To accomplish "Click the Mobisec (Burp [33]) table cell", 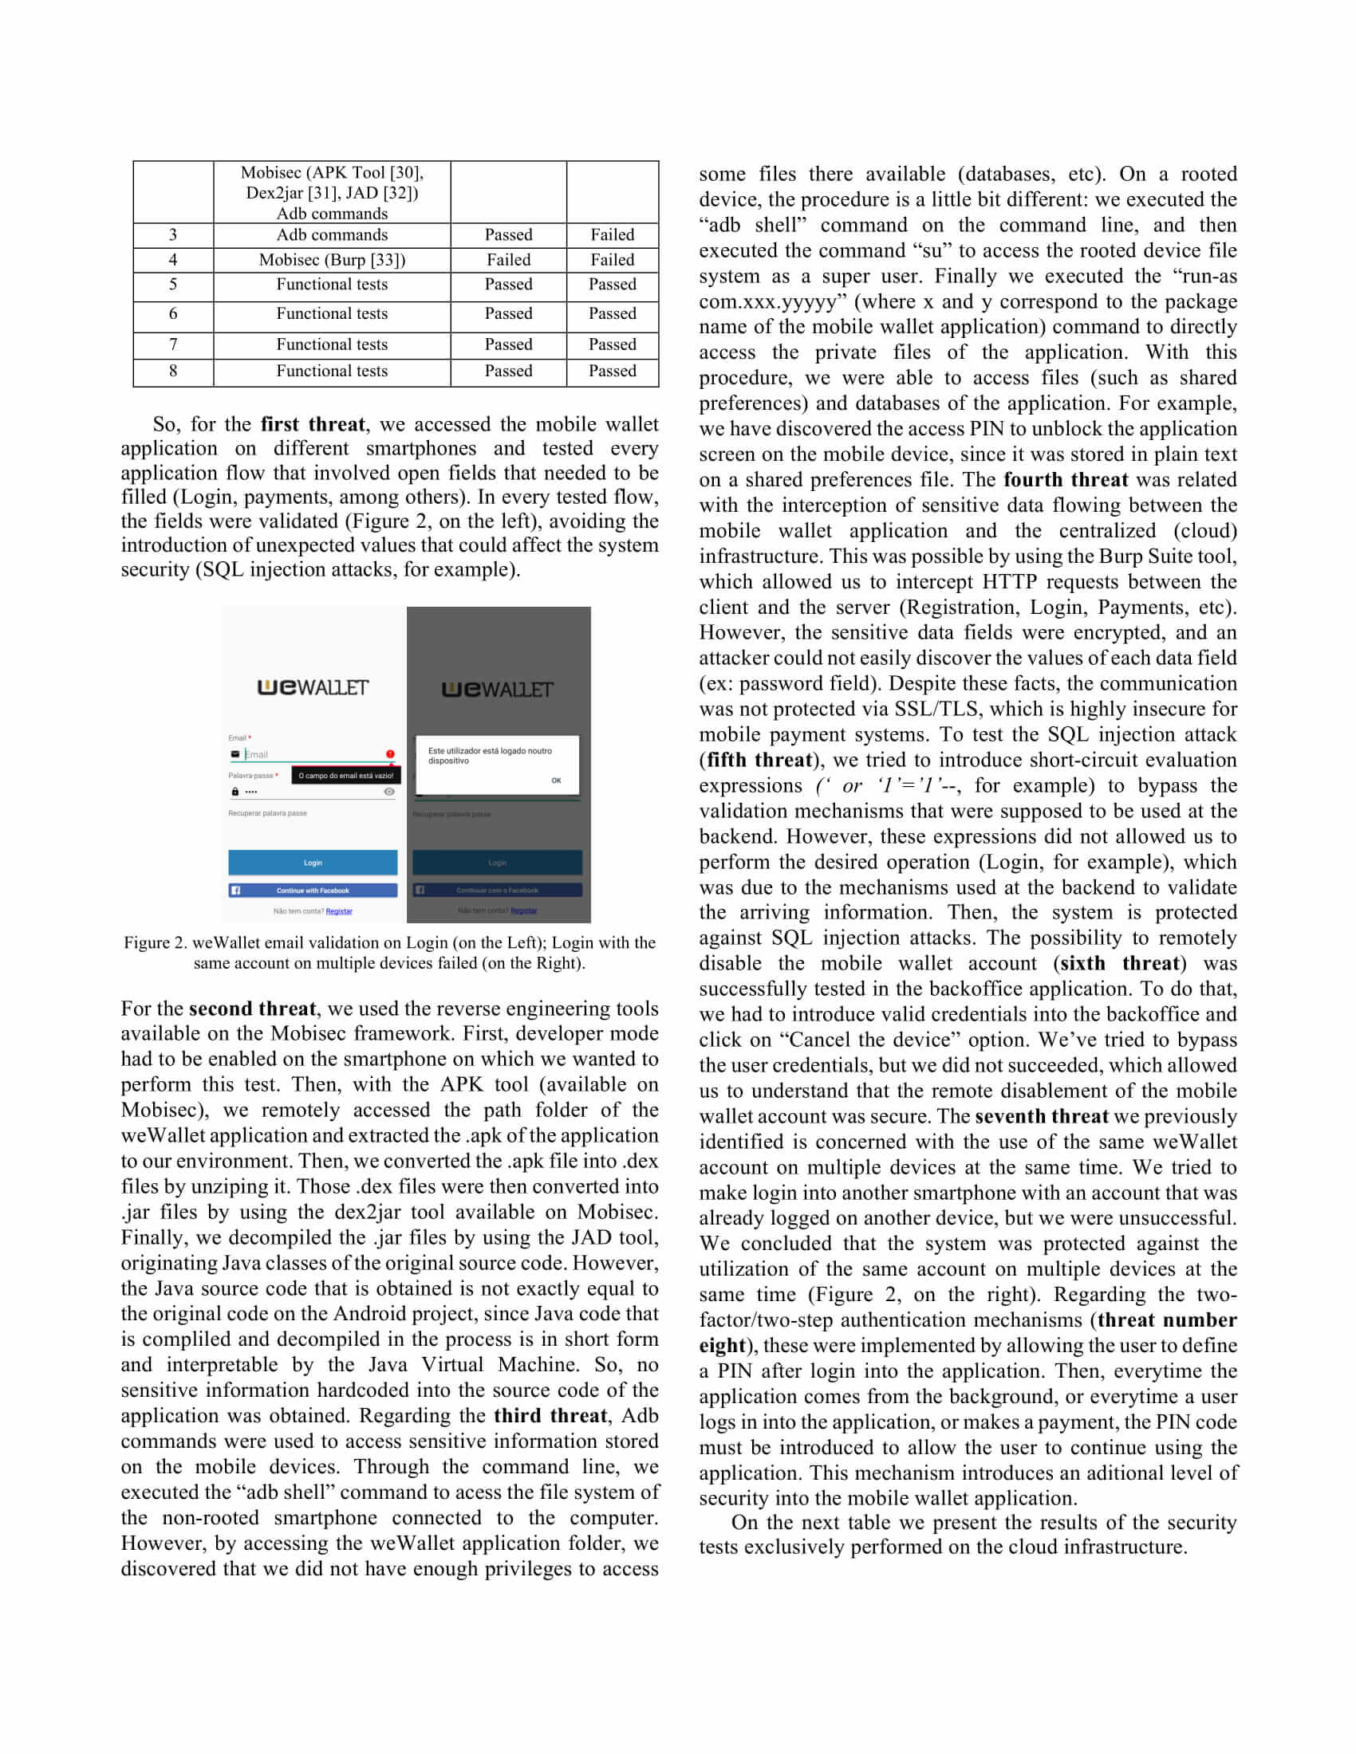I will pos(332,259).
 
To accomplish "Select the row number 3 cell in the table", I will pos(173,234).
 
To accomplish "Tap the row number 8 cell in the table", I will pos(173,371).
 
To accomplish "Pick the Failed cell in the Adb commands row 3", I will pos(612,234).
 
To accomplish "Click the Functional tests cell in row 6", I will pos(332,313).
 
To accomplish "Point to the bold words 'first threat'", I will pos(313,424).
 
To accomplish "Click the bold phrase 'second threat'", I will pos(252,1009).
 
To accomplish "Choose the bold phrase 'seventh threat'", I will pos(1041,1115).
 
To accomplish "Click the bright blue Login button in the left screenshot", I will pos(313,863).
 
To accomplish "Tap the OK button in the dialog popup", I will pos(556,780).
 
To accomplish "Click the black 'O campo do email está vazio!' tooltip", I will pos(345,776).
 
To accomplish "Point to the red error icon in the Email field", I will pos(390,754).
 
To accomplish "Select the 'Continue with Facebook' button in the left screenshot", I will pos(313,891).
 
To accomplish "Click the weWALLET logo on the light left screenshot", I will pos(313,687).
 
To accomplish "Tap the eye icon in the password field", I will pos(389,792).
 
